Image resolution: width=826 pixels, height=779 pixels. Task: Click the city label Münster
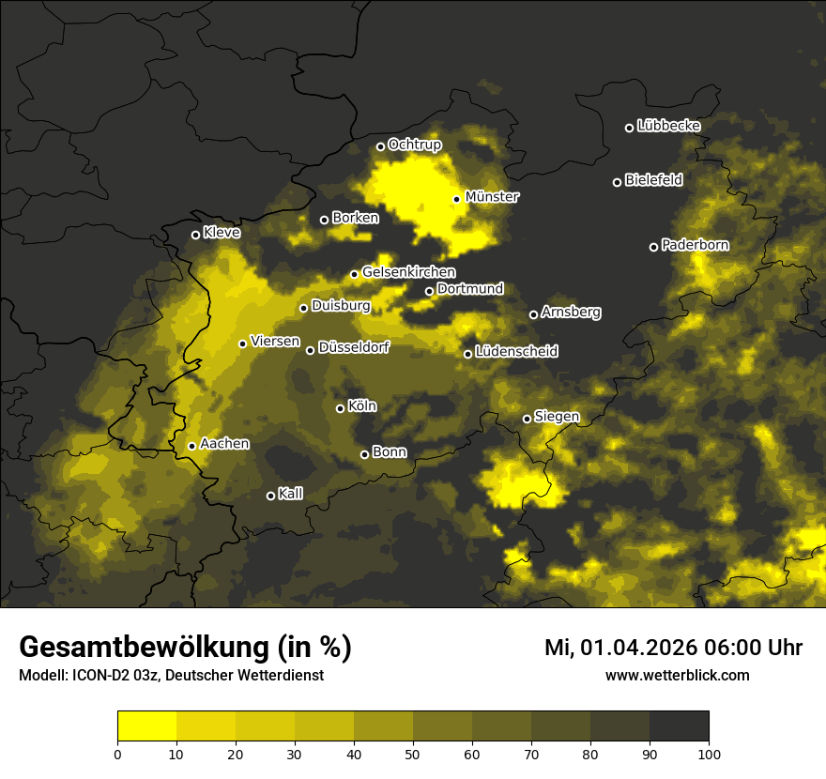492,197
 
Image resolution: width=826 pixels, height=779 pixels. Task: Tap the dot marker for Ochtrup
380,146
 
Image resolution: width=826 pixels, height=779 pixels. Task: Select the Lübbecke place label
668,126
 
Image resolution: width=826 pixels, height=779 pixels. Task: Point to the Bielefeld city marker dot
617,182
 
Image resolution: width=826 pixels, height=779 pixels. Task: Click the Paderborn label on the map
695,245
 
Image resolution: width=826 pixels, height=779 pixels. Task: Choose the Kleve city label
222,233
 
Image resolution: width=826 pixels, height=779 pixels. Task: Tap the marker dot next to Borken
324,220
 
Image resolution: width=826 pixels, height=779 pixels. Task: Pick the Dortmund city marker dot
429,291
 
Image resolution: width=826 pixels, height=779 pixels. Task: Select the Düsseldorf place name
353,347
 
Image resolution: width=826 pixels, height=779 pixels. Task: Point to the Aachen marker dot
191,446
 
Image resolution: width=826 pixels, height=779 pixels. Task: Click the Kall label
290,494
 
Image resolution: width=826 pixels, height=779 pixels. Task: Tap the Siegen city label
557,417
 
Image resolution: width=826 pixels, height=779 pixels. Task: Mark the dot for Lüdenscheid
467,354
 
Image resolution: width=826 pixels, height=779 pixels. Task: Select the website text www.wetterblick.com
677,676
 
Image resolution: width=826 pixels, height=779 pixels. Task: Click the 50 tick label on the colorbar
413,754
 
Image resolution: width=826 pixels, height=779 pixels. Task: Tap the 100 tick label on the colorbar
709,754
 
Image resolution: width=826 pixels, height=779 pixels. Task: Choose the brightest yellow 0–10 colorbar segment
147,726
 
